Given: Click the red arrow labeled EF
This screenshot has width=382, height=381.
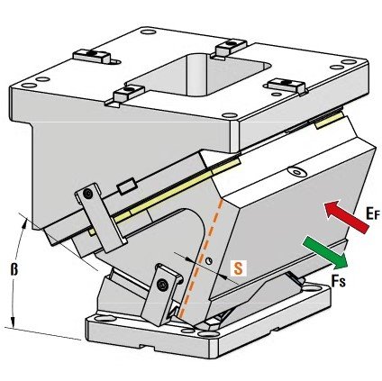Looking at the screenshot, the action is pyautogui.click(x=347, y=217).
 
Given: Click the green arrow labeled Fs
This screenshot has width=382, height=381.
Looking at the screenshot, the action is pyautogui.click(x=326, y=251).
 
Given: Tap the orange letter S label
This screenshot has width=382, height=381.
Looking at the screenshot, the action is pyautogui.click(x=238, y=268).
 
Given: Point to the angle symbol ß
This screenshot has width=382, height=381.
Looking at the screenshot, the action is pyautogui.click(x=14, y=269).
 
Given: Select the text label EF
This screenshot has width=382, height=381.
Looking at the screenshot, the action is pyautogui.click(x=373, y=213).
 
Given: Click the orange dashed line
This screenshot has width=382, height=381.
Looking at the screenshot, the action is pyautogui.click(x=201, y=258).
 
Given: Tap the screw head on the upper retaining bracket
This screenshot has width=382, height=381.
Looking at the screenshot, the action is pyautogui.click(x=88, y=195).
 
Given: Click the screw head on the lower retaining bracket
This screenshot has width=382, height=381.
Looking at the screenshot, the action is pyautogui.click(x=163, y=284).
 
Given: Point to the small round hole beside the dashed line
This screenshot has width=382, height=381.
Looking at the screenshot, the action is pyautogui.click(x=209, y=261).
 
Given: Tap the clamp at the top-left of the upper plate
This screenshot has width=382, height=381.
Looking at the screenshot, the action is pyautogui.click(x=94, y=56).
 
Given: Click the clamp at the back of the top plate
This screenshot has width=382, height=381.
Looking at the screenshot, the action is pyautogui.click(x=229, y=48).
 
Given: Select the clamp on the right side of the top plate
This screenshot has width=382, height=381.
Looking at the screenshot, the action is pyautogui.click(x=286, y=86).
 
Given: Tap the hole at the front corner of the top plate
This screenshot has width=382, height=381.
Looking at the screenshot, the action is pyautogui.click(x=231, y=114).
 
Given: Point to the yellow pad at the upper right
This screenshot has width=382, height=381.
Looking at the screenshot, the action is pyautogui.click(x=329, y=120).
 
